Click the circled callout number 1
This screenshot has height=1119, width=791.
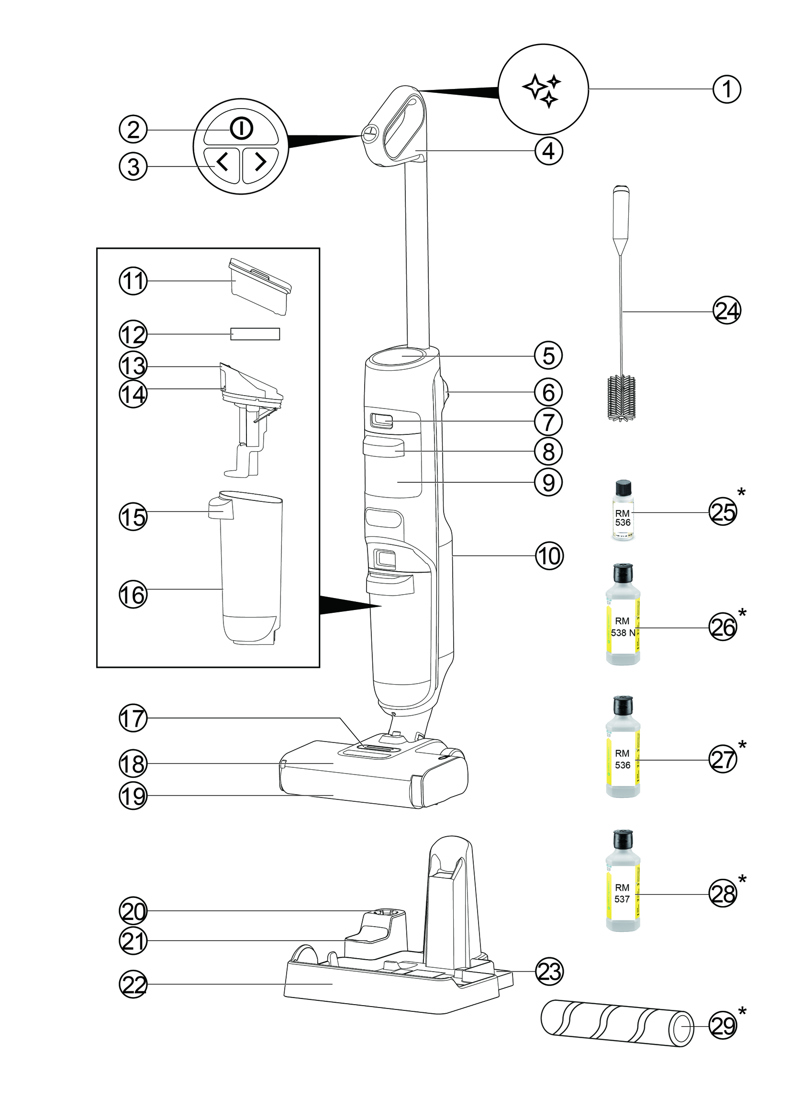pyautogui.click(x=727, y=89)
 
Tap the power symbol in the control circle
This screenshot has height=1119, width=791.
pyautogui.click(x=241, y=129)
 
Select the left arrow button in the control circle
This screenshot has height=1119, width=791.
pyautogui.click(x=222, y=162)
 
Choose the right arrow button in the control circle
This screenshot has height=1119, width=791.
pyautogui.click(x=260, y=162)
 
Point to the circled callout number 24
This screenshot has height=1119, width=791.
pyautogui.click(x=727, y=311)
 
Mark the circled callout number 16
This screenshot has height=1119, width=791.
pyautogui.click(x=133, y=595)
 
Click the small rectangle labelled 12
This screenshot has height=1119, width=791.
pyautogui.click(x=255, y=334)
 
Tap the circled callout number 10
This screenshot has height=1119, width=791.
pyautogui.click(x=549, y=555)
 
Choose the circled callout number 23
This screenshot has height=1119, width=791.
pyautogui.click(x=549, y=971)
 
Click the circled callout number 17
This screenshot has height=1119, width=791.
pyautogui.click(x=133, y=719)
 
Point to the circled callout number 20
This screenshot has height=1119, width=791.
pyautogui.click(x=133, y=911)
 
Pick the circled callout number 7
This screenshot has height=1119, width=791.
pyautogui.click(x=549, y=421)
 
